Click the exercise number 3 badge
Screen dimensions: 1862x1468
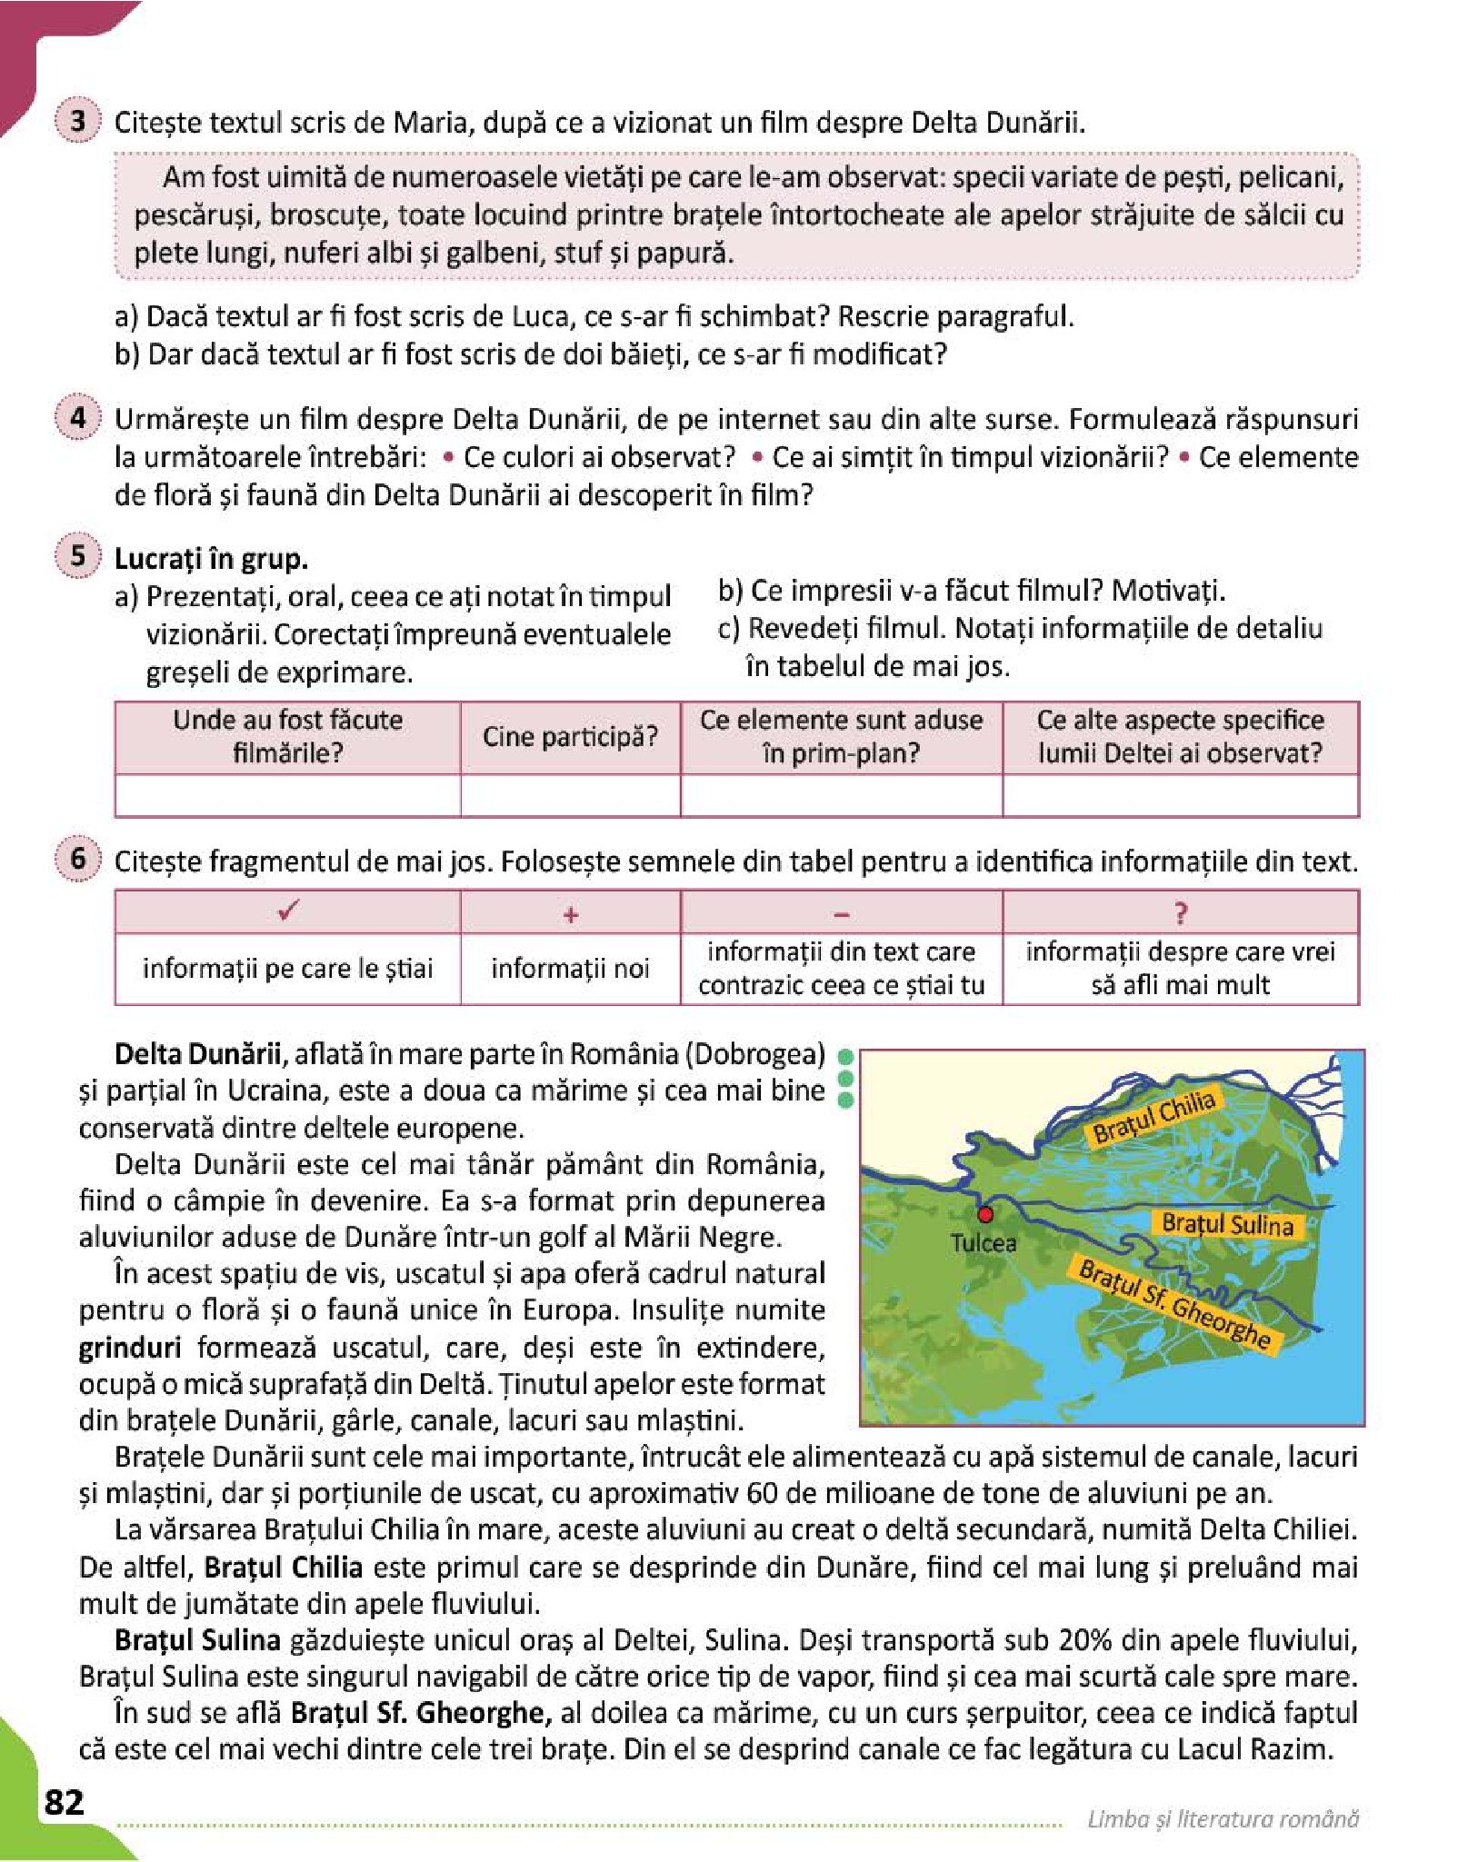pos(78,121)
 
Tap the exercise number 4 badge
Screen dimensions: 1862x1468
pos(78,417)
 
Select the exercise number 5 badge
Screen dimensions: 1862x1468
pos(78,555)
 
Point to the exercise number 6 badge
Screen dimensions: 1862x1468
pos(78,859)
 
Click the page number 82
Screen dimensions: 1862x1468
pos(64,1801)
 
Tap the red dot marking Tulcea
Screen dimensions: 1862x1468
pos(985,1214)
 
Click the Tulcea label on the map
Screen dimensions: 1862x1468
pos(984,1242)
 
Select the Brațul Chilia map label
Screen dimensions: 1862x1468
pos(1153,1116)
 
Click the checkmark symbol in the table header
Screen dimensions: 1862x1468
pos(287,911)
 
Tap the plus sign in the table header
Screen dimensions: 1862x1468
pos(570,914)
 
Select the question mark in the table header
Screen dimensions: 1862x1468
pos(1180,913)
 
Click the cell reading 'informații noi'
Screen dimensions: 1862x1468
pos(570,969)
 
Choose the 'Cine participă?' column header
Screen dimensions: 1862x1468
pos(570,737)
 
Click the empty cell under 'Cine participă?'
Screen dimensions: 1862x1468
pos(570,796)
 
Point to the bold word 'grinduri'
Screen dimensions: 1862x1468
pos(129,1348)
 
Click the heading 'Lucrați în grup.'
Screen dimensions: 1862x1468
pos(211,558)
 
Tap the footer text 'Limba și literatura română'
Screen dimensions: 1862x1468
pos(1223,1818)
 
